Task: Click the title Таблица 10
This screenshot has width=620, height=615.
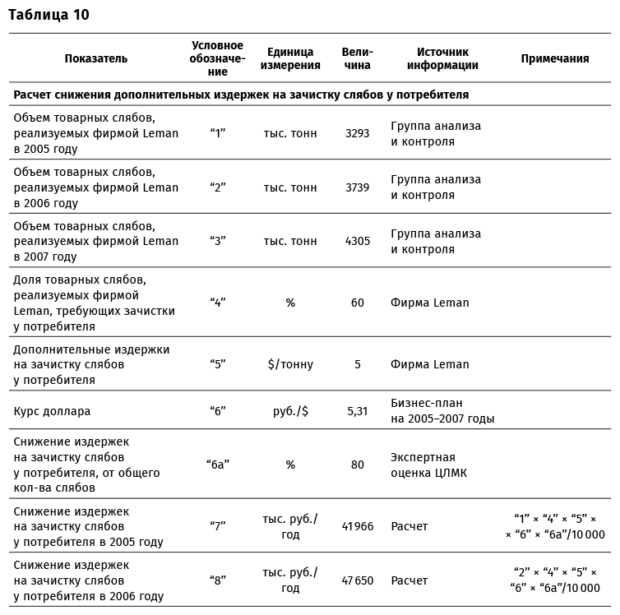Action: [49, 14]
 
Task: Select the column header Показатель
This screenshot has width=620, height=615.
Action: [96, 58]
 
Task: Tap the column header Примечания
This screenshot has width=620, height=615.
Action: [555, 58]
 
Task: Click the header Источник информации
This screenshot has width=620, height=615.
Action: [447, 58]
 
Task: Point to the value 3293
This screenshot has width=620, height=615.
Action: [357, 133]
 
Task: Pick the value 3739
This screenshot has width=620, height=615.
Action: [357, 187]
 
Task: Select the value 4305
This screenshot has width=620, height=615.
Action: [357, 241]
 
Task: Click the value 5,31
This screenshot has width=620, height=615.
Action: [357, 411]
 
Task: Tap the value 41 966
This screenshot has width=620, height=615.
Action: [357, 526]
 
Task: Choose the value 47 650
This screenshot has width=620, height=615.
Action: [357, 580]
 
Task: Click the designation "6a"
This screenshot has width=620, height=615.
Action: [217, 465]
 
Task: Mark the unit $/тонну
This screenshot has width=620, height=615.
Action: [290, 364]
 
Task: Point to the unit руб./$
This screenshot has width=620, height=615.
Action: [290, 411]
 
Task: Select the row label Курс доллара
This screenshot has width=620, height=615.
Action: [52, 411]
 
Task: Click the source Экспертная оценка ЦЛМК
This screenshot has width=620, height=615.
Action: [423, 465]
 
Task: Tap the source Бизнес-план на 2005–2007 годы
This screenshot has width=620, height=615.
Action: [442, 411]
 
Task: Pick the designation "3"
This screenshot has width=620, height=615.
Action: [217, 241]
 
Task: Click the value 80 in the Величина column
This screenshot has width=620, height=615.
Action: [357, 465]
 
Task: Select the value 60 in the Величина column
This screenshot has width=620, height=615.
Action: [357, 303]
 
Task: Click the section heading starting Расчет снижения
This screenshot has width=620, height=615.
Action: [241, 95]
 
